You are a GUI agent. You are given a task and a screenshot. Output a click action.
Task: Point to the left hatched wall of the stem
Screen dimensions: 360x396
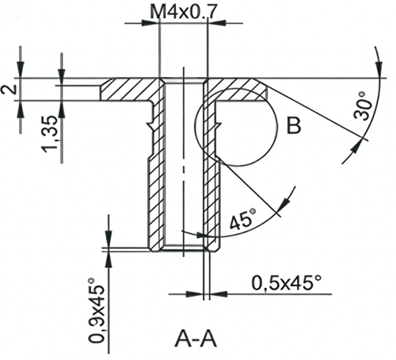154,174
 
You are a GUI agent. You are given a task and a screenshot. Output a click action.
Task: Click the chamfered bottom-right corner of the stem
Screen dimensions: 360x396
215,248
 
